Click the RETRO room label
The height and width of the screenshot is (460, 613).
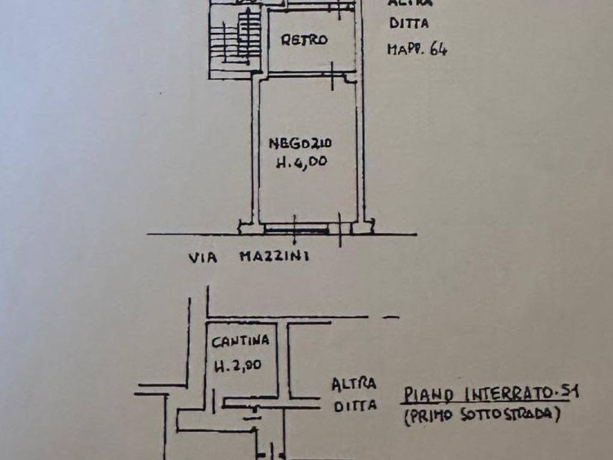click(305, 40)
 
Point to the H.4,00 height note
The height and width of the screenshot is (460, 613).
click(302, 162)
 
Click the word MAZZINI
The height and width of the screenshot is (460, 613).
click(274, 258)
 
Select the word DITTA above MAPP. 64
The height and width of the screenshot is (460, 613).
click(409, 25)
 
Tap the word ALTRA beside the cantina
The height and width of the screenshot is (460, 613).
click(354, 383)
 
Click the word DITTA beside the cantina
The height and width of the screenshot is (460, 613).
click(355, 405)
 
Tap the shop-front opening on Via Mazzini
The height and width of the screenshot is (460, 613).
click(296, 228)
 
